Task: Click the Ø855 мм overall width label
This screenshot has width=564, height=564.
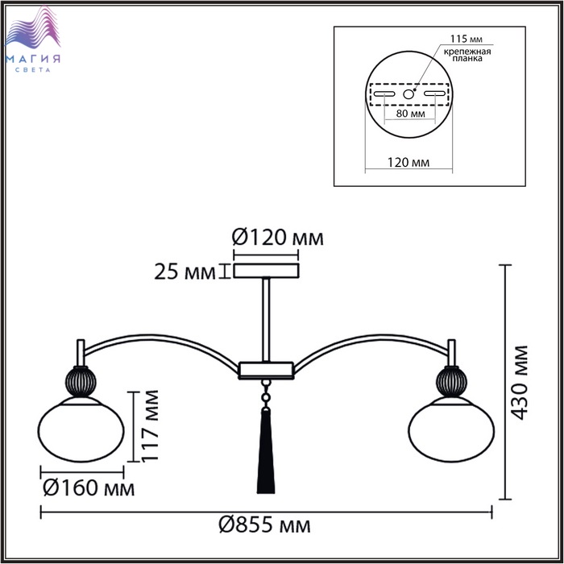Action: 265,525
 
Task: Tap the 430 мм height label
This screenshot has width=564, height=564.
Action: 519,383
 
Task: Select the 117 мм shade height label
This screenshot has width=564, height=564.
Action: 149,426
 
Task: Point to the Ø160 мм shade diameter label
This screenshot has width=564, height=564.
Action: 89,487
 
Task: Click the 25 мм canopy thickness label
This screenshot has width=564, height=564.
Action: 185,272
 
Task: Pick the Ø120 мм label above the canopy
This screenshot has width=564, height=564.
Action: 278,238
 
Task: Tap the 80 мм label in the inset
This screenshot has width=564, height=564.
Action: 410,114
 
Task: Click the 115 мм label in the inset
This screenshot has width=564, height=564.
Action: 467,39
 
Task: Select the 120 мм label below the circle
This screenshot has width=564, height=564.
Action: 408,162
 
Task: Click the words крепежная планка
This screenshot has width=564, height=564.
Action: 467,55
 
